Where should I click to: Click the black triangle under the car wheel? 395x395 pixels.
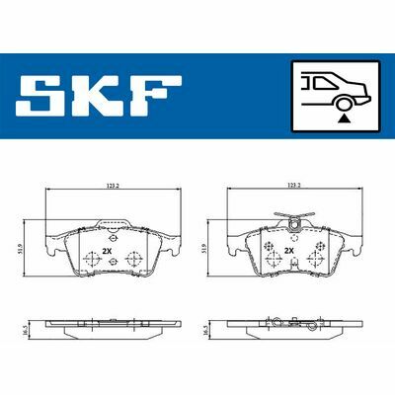click(344, 118)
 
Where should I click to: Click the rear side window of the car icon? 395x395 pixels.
click(325, 82)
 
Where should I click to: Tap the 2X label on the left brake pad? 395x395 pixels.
click(107, 251)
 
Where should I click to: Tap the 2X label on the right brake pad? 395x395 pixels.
click(289, 251)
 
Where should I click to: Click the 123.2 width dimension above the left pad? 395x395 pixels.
click(112, 186)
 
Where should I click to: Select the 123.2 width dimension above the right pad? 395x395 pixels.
click(294, 186)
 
